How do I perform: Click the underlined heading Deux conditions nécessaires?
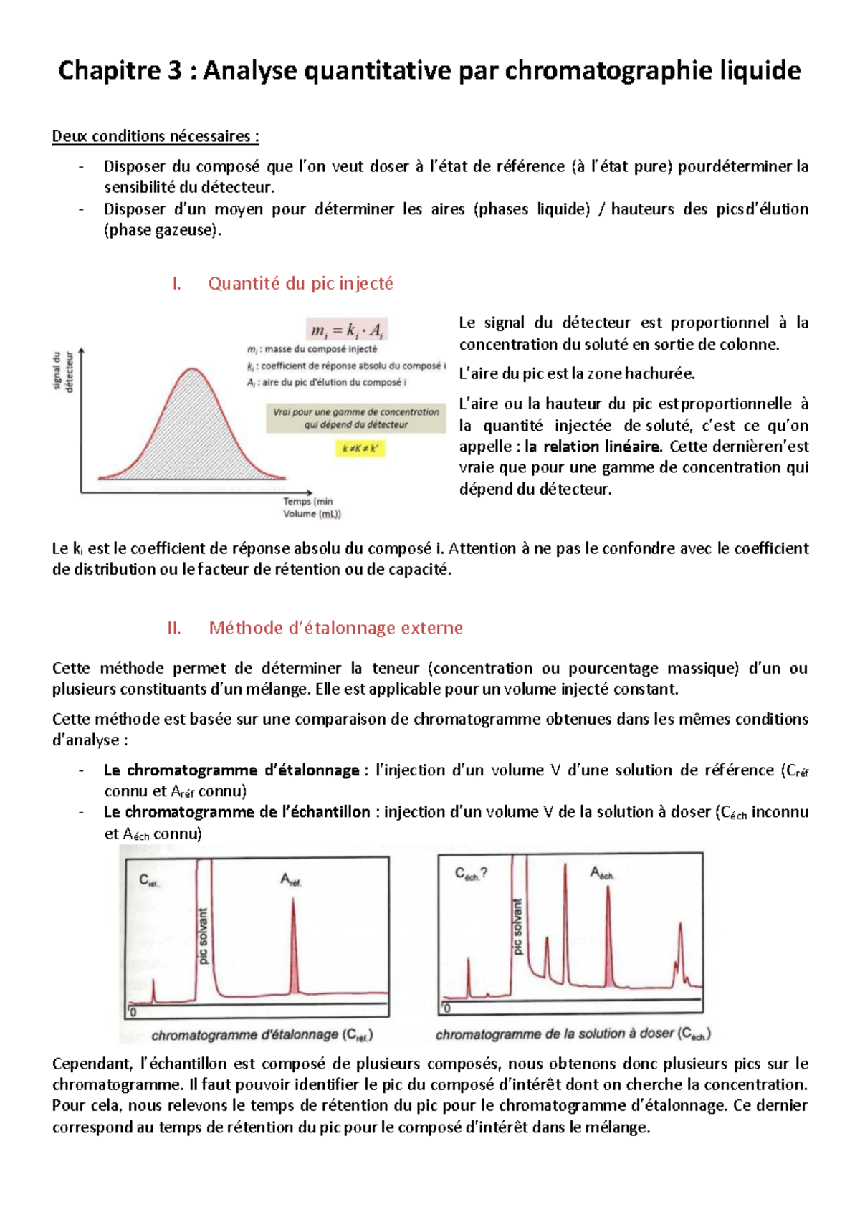coord(155,136)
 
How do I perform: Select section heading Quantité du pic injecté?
coord(300,283)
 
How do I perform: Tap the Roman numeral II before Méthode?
coord(173,628)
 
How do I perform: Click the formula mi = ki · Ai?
coord(347,330)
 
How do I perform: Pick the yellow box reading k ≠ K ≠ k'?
coord(360,449)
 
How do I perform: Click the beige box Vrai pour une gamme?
coord(355,418)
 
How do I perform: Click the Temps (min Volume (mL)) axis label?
coord(312,507)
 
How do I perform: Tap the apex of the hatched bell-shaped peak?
coord(193,369)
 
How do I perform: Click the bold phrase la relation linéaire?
coord(592,447)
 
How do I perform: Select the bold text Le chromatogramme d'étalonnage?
coord(231,770)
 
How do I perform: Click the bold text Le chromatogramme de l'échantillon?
coord(237,812)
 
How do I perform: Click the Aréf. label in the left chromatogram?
coord(291,879)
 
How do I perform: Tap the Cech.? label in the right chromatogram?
coord(471,874)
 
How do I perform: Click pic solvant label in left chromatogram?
coord(203,936)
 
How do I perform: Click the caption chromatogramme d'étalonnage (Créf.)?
coord(262,1035)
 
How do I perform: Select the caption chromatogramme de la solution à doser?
coord(573,1034)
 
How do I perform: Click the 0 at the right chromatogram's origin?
coord(446,1008)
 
